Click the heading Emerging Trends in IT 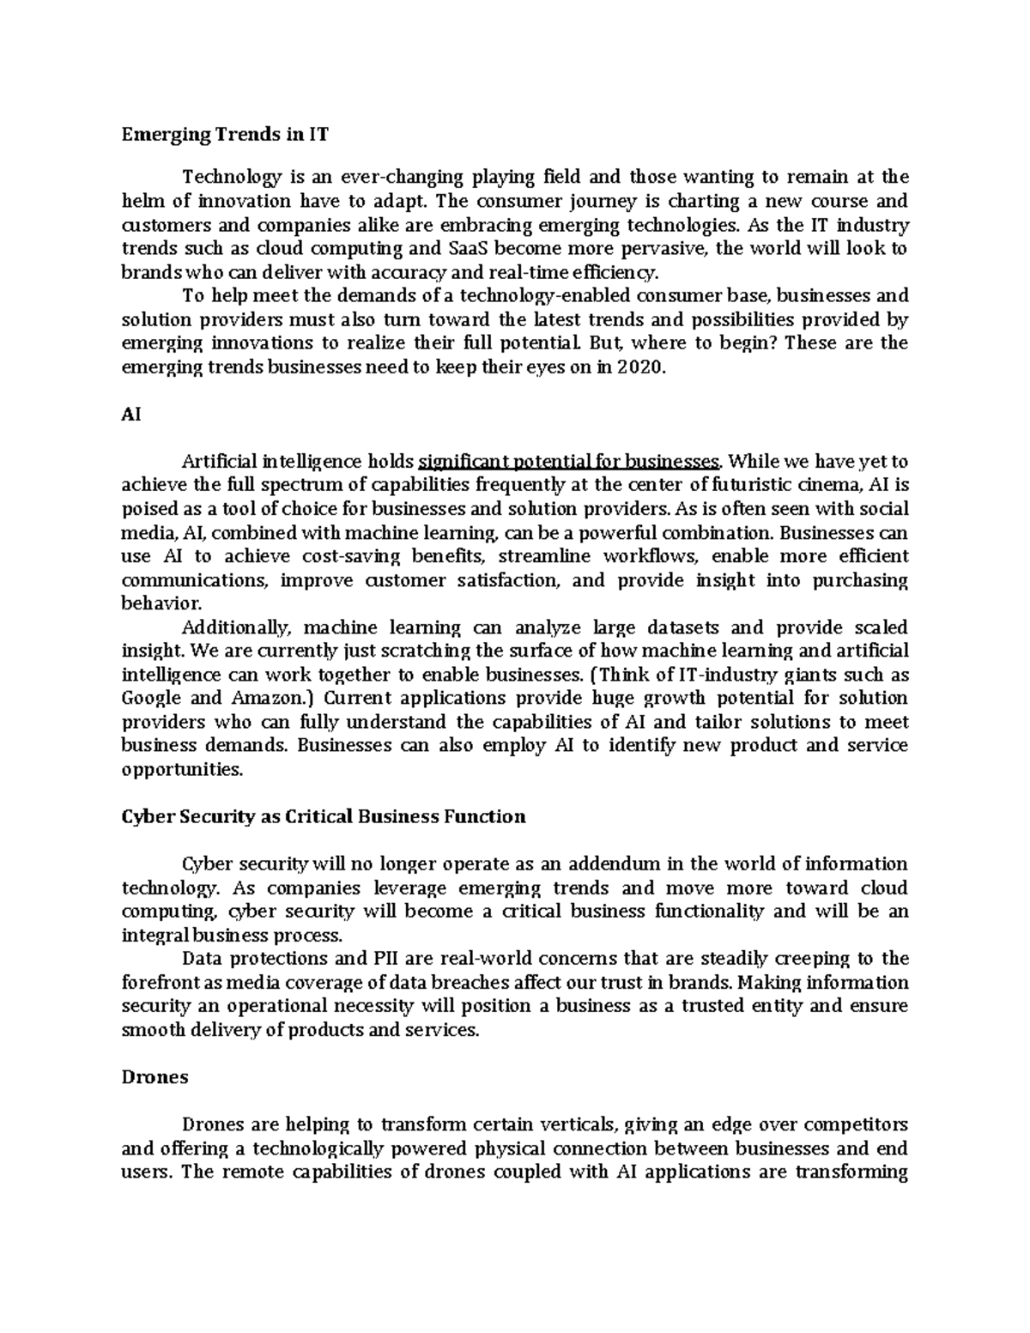(224, 135)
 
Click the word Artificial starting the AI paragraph (219, 462)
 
